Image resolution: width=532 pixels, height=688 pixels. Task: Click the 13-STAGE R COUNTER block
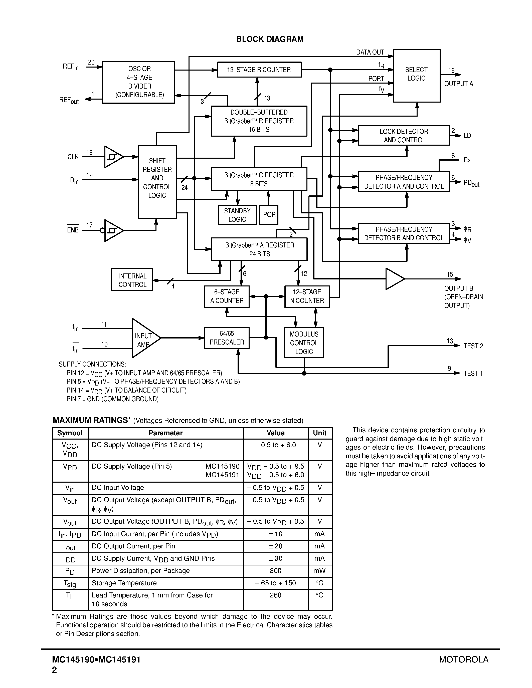259,70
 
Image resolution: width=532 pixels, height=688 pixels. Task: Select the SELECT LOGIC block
416,75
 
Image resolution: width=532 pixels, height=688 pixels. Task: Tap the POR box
269,215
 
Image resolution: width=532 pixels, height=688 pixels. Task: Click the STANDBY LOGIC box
237,215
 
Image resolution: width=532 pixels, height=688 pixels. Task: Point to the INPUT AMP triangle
143,338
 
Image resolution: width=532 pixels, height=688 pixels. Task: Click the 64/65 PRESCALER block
227,338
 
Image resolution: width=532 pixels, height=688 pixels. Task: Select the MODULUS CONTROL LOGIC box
304,343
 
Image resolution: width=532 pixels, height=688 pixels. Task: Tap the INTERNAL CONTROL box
132,280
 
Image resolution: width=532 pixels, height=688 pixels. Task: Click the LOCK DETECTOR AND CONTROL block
404,135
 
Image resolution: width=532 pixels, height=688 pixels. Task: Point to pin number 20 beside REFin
91,62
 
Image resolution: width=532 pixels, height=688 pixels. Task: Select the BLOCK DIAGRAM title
270,39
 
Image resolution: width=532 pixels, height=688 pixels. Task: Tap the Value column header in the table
275,433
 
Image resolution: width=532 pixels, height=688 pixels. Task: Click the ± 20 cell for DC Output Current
275,546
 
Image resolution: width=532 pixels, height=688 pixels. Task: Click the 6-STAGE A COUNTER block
227,296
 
